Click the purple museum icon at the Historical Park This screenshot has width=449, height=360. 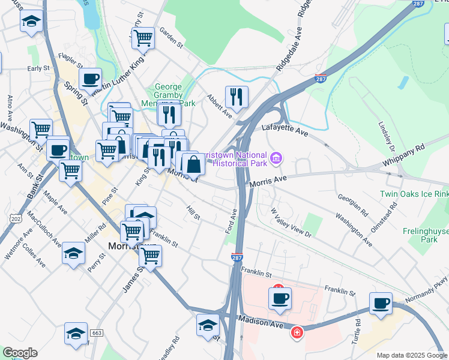tap(276, 158)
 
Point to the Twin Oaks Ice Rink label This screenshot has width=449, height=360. tap(414, 194)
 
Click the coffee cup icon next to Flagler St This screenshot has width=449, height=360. tap(90, 79)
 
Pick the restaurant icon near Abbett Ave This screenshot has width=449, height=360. tap(237, 97)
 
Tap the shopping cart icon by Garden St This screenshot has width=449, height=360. tap(143, 38)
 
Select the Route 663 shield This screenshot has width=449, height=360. tap(96, 332)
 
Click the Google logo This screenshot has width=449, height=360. tap(20, 353)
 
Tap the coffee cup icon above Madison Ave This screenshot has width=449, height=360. tap(280, 298)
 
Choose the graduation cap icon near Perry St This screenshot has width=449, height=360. tap(73, 253)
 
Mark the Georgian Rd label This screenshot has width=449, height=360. tap(353, 205)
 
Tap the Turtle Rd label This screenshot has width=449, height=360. tap(358, 326)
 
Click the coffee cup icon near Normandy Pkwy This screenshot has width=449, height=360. tap(381, 303)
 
